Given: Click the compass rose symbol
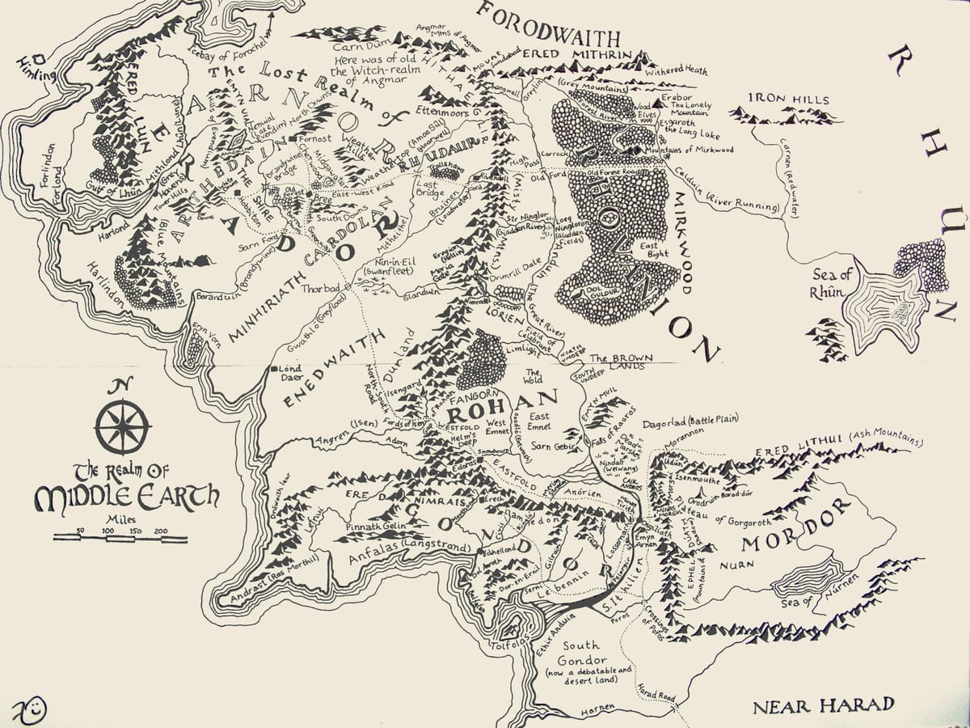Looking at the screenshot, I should pyautogui.click(x=122, y=427).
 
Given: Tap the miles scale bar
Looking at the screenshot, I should pyautogui.click(x=120, y=538).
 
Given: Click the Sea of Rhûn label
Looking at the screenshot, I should pyautogui.click(x=826, y=285).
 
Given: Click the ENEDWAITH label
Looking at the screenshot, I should pyautogui.click(x=324, y=376).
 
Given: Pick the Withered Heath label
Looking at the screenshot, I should pyautogui.click(x=676, y=70).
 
